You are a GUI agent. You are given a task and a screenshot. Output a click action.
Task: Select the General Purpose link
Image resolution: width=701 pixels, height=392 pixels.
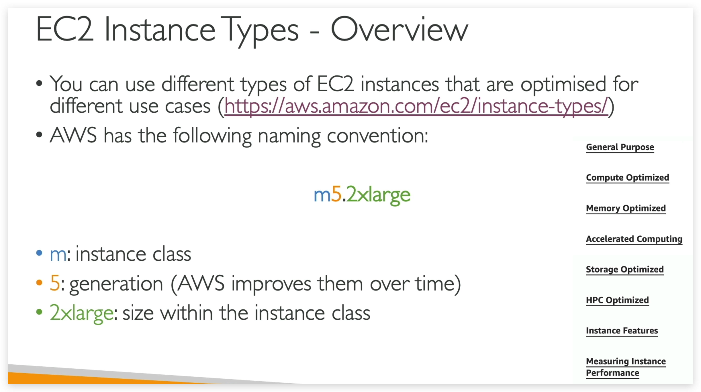pos(620,147)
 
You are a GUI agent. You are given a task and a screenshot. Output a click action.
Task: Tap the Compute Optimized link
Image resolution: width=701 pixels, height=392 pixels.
pos(627,178)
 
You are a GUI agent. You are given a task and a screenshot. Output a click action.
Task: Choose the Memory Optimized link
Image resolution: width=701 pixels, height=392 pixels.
pos(626,208)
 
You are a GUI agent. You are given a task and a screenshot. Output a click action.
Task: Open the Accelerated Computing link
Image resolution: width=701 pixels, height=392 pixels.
pos(634,239)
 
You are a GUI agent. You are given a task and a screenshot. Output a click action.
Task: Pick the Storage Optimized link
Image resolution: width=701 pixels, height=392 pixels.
pos(624,269)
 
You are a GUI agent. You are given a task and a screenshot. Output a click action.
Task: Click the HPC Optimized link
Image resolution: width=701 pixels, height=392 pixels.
pos(617,300)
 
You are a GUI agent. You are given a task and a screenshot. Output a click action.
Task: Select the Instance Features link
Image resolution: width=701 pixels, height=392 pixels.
pos(622,331)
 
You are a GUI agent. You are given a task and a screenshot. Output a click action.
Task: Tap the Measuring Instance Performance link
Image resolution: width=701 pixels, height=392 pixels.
pos(626,367)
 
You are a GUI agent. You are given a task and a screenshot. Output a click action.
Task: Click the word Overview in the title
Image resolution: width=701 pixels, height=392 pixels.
pos(399,29)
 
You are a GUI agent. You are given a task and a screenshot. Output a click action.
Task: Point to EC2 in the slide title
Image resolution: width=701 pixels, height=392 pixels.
pos(65,29)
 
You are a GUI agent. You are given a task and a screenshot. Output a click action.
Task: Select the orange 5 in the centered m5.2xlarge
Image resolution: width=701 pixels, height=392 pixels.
pos(336,194)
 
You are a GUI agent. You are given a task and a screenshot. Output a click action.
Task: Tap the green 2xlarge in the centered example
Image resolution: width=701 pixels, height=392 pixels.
pos(378,195)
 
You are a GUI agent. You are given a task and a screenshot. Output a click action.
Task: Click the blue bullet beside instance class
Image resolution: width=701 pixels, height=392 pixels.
pos(39,253)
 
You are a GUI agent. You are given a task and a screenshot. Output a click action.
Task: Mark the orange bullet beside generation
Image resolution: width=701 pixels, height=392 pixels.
pos(39,283)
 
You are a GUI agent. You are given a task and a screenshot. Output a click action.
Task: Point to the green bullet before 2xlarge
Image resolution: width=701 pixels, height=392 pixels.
pos(39,312)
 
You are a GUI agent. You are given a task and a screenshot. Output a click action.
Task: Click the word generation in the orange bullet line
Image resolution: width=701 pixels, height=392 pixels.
pos(116,284)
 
